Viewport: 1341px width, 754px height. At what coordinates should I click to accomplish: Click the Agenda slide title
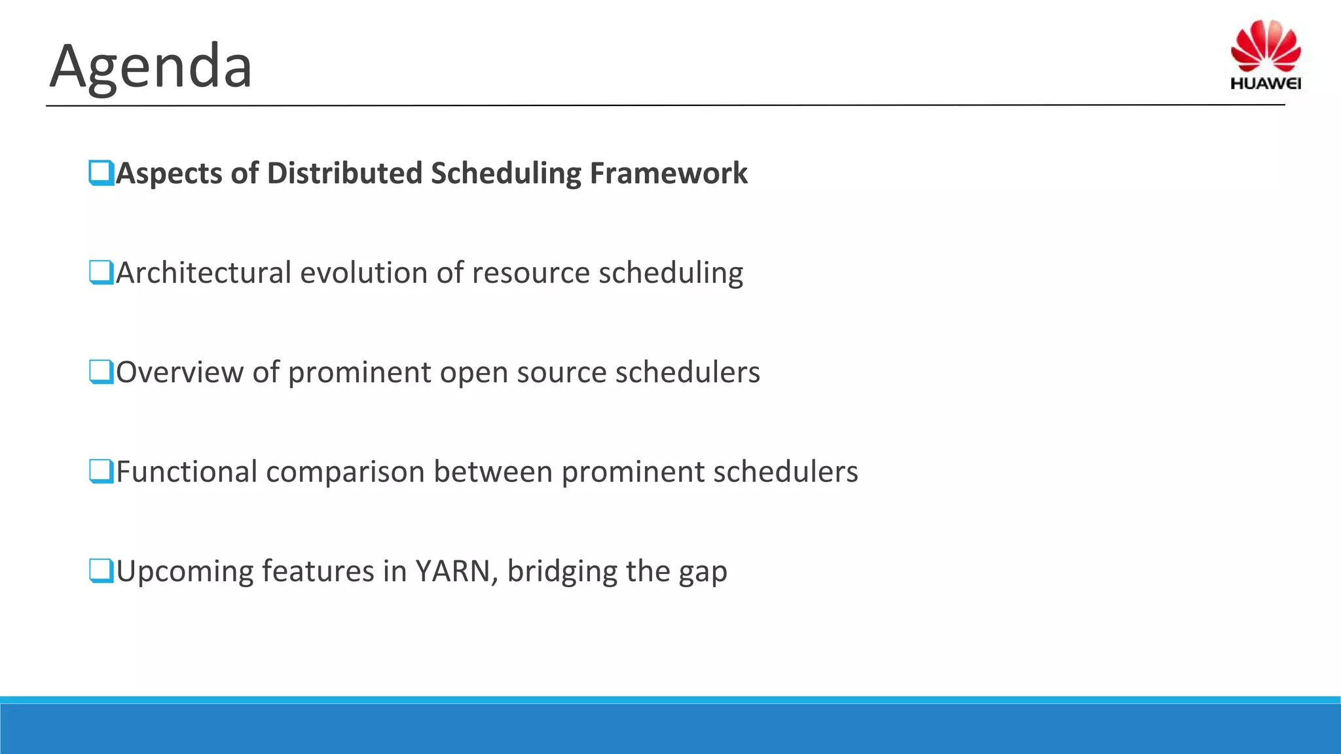coord(151,67)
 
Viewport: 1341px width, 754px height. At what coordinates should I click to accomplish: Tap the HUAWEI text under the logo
coord(1265,83)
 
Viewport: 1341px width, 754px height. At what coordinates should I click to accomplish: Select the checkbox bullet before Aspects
coord(101,173)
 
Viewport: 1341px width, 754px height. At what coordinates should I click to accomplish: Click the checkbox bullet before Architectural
coord(101,272)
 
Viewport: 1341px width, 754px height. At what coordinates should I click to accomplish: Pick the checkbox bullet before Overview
coord(101,372)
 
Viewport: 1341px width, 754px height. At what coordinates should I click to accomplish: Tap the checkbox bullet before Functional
coord(101,471)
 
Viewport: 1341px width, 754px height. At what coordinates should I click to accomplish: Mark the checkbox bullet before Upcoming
coord(101,571)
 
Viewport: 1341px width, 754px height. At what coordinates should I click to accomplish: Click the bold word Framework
coord(668,173)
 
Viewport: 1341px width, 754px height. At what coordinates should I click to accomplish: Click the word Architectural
coord(203,273)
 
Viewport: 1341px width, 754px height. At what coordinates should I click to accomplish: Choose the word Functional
coord(186,472)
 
